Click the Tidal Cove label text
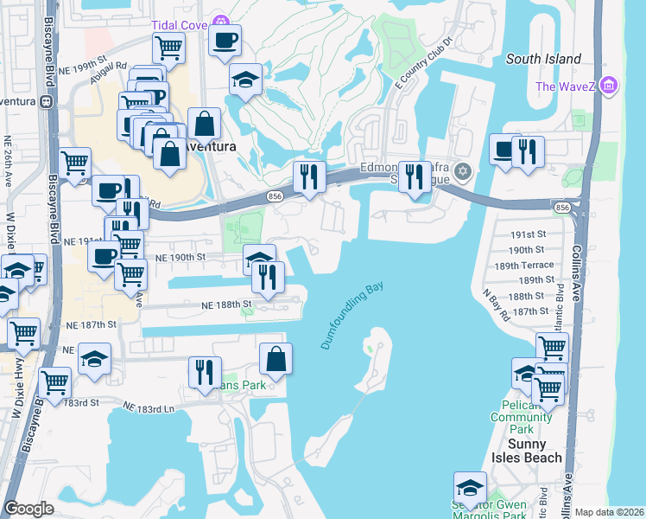(179, 25)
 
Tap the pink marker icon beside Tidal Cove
(222, 22)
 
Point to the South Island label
(535, 59)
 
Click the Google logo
(28, 509)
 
